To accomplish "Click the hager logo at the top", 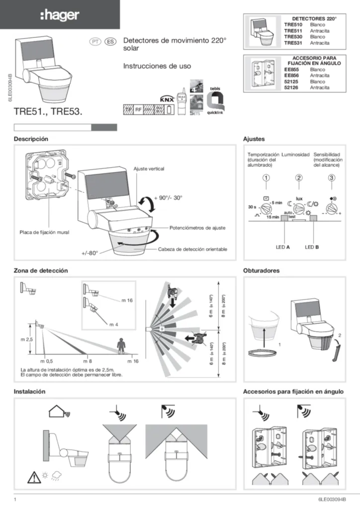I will [59, 16].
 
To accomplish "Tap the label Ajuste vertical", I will [149, 169].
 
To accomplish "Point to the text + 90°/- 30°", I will [168, 198].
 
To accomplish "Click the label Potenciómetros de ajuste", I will [198, 227].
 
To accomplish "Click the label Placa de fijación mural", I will [44, 232].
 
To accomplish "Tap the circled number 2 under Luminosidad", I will [299, 178].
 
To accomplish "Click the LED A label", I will [283, 247].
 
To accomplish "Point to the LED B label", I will [312, 247].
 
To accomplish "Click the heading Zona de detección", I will [40, 271].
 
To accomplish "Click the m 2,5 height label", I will [26, 339].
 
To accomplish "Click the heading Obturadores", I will [262, 271].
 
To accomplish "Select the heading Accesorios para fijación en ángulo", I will [293, 392].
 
